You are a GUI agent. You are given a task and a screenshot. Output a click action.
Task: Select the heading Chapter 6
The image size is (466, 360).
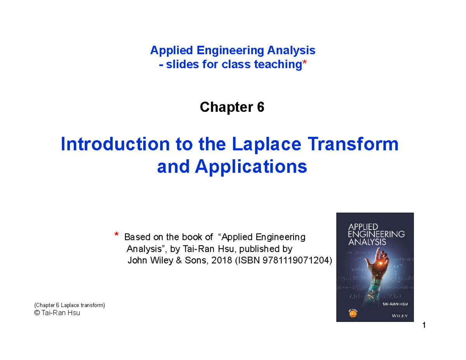click(232, 107)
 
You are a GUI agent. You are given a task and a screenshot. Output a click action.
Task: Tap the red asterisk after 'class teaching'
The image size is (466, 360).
click(304, 64)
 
